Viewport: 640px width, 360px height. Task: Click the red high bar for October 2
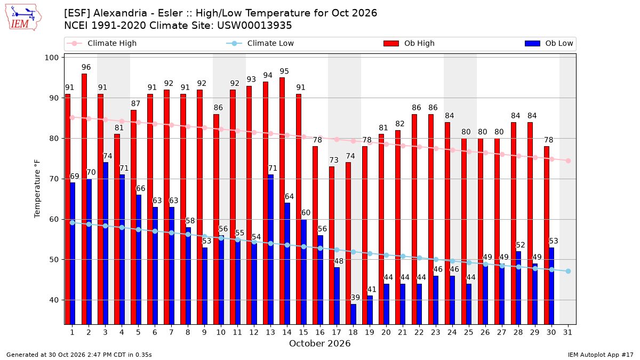pyautogui.click(x=84, y=199)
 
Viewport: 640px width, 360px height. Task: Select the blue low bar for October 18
pyautogui.click(x=354, y=314)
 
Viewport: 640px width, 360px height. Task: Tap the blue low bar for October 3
pyautogui.click(x=106, y=243)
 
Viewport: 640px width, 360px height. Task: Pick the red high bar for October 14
pyautogui.click(x=282, y=201)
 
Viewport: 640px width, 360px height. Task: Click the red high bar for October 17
pyautogui.click(x=332, y=246)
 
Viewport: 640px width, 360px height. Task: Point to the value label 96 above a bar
pyautogui.click(x=86, y=67)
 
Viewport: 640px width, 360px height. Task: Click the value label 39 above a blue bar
pyautogui.click(x=355, y=298)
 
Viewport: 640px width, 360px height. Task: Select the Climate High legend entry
pyautogui.click(x=101, y=43)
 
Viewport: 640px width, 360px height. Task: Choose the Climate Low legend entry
pyautogui.click(x=260, y=43)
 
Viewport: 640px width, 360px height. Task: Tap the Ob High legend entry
pyautogui.click(x=409, y=43)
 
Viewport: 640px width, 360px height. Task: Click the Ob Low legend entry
pyautogui.click(x=549, y=43)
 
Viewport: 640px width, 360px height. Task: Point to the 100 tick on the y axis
pyautogui.click(x=51, y=58)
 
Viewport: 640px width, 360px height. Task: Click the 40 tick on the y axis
pyautogui.click(x=54, y=300)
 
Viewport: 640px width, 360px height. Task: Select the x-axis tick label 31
pyautogui.click(x=567, y=332)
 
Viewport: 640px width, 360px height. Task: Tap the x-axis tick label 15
pyautogui.click(x=303, y=332)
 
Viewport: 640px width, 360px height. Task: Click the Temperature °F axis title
pyautogui.click(x=37, y=189)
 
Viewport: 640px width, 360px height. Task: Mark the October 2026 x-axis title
pyautogui.click(x=319, y=343)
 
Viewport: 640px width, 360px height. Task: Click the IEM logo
pyautogui.click(x=23, y=18)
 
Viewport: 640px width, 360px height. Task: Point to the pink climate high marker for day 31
pyautogui.click(x=568, y=161)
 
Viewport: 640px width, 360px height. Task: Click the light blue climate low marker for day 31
pyautogui.click(x=568, y=271)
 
